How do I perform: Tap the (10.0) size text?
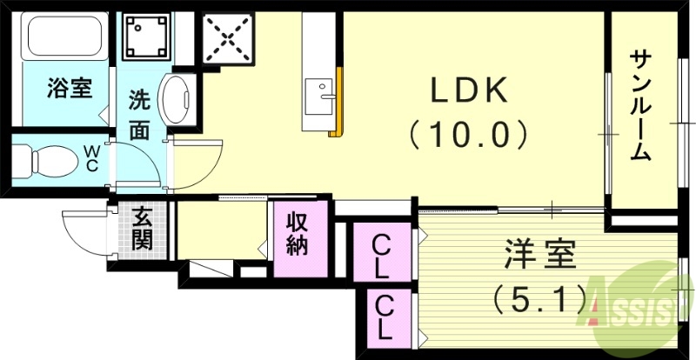[x=469, y=133]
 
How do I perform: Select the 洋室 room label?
[x=539, y=258]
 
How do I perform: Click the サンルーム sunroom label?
[x=642, y=106]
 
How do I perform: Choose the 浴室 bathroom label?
[x=69, y=89]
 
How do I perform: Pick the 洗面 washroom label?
[x=140, y=114]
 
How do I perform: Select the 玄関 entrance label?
[x=143, y=226]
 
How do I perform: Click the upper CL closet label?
[x=381, y=253]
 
